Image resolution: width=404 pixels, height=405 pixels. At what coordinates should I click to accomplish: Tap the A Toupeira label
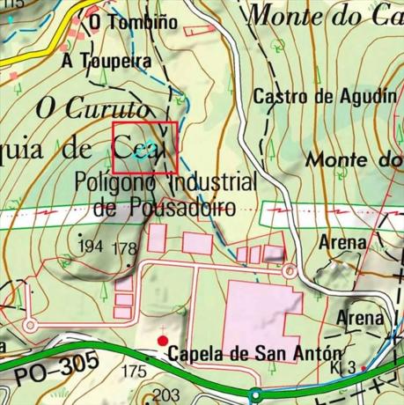click(107, 62)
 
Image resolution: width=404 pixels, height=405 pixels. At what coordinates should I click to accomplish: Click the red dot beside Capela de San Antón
click(162, 340)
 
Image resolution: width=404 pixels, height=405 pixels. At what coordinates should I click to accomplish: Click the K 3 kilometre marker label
click(345, 367)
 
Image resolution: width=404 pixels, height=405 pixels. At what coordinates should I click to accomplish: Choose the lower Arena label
click(362, 317)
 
